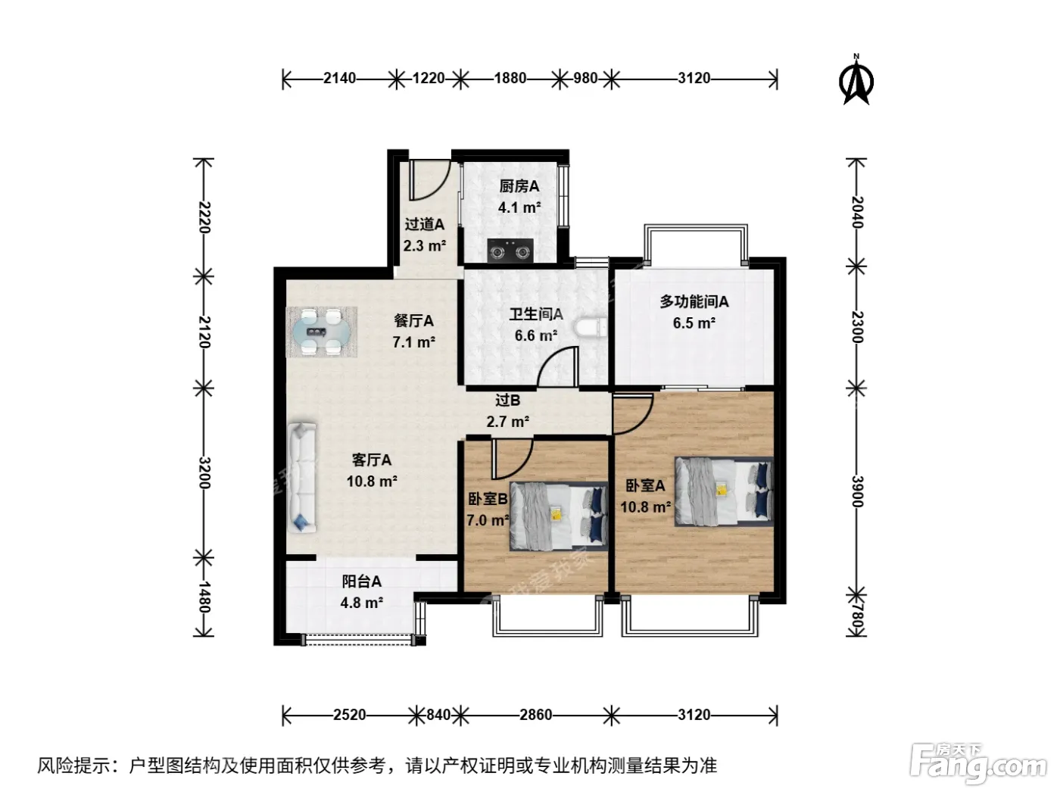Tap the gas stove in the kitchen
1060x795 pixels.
coord(510,251)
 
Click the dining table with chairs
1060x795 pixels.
coord(321,332)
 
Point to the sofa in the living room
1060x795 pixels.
coord(302,478)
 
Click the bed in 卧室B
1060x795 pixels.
coord(558,516)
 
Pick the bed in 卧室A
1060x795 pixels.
coord(724,491)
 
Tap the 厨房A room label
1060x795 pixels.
coord(519,186)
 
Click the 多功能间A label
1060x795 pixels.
coord(694,301)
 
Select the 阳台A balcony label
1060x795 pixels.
coord(362,581)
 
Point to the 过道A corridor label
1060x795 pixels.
coord(425,224)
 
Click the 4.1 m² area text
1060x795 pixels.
coord(519,207)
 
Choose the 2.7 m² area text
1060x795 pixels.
coord(507,422)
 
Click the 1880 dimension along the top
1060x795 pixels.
coord(510,78)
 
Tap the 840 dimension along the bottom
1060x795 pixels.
coord(438,714)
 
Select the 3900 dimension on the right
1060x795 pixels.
coord(856,491)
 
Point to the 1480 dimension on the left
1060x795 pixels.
coord(204,597)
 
